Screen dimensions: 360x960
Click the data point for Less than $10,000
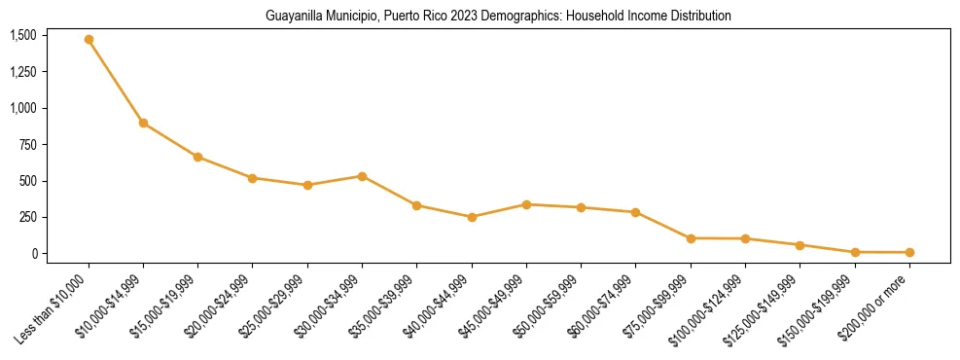coord(89,40)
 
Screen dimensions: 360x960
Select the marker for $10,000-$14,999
coord(143,123)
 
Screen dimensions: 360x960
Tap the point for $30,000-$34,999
coord(362,176)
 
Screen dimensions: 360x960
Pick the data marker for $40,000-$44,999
coord(472,217)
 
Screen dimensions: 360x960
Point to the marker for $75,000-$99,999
coord(691,238)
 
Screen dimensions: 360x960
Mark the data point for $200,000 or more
coord(909,252)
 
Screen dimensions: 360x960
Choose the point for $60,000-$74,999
coord(636,212)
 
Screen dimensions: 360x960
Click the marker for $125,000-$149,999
coord(800,245)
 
